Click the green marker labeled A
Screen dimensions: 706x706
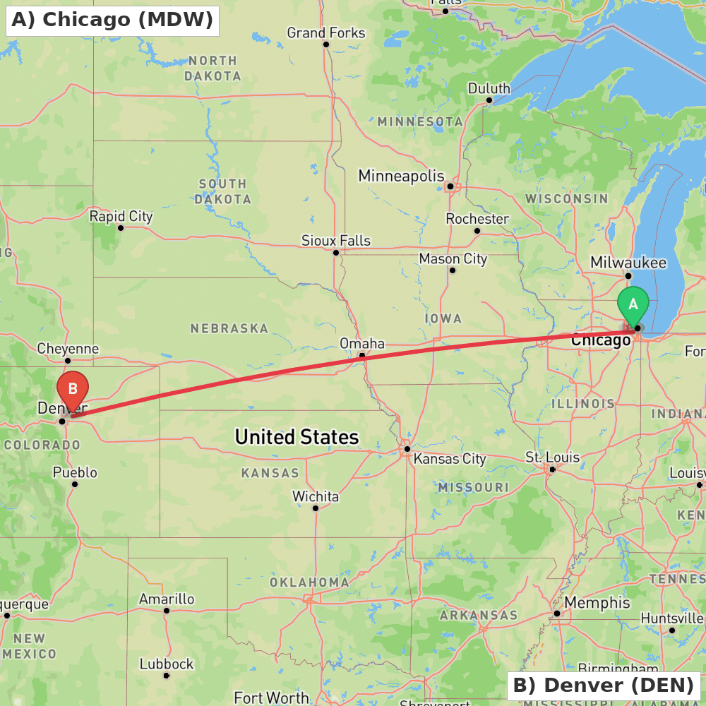pos(633,306)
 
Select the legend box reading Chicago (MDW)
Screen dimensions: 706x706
pos(112,20)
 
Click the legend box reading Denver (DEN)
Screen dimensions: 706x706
pos(604,685)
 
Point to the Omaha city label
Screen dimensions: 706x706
pos(362,344)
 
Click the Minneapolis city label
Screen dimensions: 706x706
pos(402,176)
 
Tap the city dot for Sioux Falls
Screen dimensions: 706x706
pos(336,253)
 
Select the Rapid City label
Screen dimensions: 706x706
pos(121,217)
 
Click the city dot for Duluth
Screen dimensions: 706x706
pos(489,100)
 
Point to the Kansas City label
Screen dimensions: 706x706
pos(450,459)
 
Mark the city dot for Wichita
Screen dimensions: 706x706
pos(316,508)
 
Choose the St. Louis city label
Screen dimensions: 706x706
pos(552,457)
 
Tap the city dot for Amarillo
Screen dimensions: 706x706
pos(167,611)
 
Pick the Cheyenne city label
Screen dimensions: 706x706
pos(68,349)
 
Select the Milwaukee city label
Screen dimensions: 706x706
pos(628,263)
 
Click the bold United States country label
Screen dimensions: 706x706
pos(297,438)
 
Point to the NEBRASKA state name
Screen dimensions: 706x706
pos(229,328)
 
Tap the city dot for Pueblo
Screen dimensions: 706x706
pos(75,484)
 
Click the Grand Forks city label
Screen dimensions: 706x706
pos(326,33)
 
